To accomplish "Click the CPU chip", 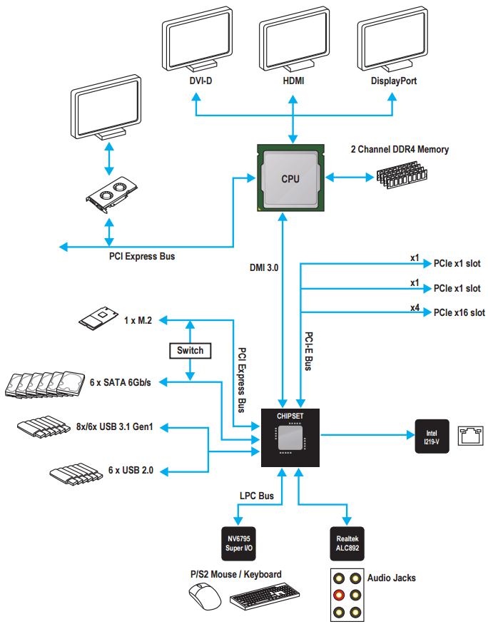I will tap(290, 178).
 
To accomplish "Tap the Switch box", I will tap(190, 350).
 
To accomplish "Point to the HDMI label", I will tap(293, 81).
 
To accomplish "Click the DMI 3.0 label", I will tap(264, 267).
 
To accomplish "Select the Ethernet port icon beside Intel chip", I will tap(471, 435).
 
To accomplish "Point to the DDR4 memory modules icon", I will tap(401, 174).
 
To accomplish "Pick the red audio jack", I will tap(340, 595).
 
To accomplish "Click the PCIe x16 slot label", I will tap(459, 312).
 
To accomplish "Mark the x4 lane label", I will tap(415, 307).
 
